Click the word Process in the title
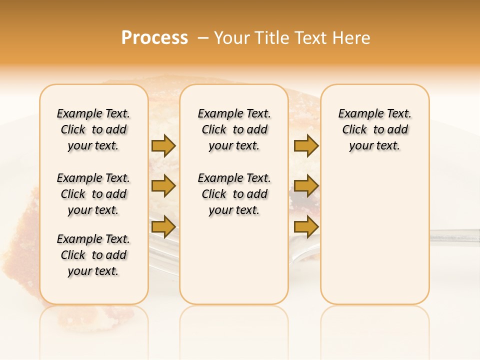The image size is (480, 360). [154, 38]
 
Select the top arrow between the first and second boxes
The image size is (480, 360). [163, 145]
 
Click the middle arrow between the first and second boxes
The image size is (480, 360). [163, 186]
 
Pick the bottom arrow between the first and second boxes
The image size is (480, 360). [163, 226]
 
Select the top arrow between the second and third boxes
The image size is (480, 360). [306, 145]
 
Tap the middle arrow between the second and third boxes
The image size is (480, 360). [306, 186]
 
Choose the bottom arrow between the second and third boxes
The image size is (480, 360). [306, 226]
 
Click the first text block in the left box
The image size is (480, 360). [93, 129]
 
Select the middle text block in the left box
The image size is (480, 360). [93, 194]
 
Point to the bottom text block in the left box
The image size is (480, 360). [93, 255]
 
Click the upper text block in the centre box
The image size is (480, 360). [234, 129]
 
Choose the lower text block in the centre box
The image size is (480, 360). [234, 194]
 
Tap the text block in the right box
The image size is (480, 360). [374, 129]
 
